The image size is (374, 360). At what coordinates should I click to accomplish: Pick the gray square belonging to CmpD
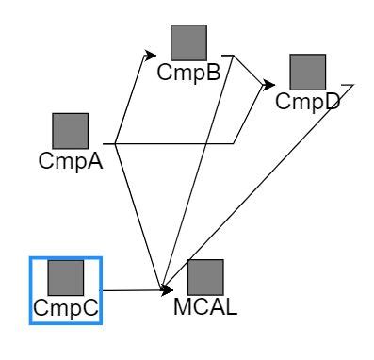[x=307, y=73]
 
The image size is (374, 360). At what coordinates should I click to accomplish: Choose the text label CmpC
[x=66, y=307]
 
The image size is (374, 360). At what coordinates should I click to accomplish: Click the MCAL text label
[x=205, y=307]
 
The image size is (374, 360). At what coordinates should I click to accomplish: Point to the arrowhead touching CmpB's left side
[x=153, y=55]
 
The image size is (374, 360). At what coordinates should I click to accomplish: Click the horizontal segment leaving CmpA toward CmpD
[x=174, y=143]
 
